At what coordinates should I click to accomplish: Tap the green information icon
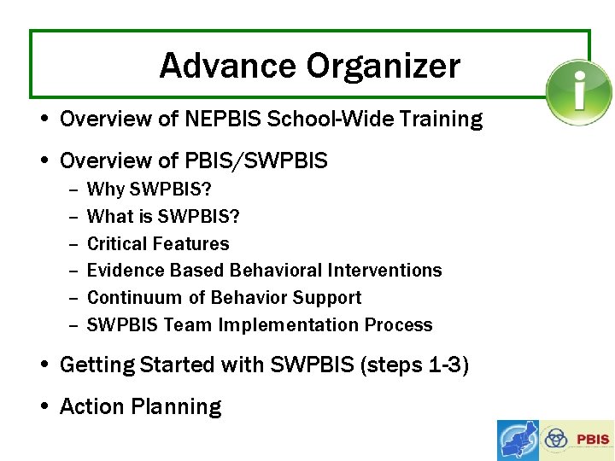pyautogui.click(x=579, y=92)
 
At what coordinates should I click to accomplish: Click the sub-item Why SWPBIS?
pyautogui.click(x=149, y=189)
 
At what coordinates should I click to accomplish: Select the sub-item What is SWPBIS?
pyautogui.click(x=163, y=216)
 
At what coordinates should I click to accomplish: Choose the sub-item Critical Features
pyautogui.click(x=158, y=243)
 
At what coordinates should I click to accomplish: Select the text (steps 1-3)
pyautogui.click(x=414, y=365)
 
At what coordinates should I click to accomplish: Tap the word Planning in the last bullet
pyautogui.click(x=182, y=407)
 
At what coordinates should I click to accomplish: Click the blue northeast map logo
pyautogui.click(x=518, y=441)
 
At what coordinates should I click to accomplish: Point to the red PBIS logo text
pyautogui.click(x=593, y=441)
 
